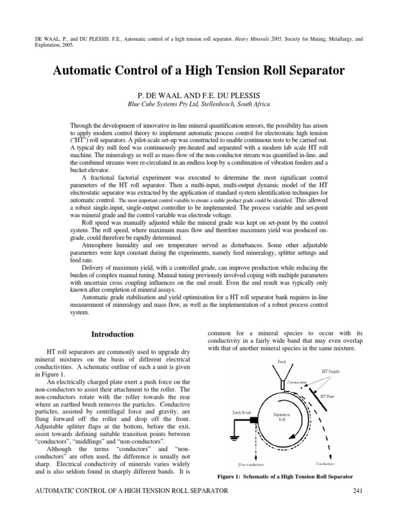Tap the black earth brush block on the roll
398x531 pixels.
(254, 420)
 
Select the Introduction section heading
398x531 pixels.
(112, 334)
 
